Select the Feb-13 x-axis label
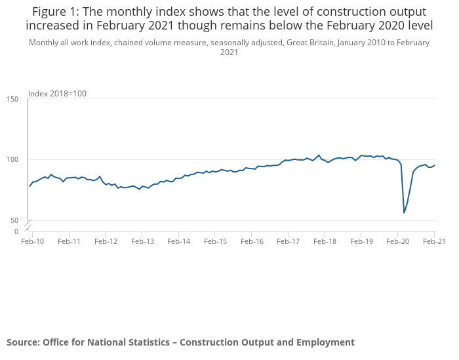[x=142, y=241]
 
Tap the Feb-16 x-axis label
[x=252, y=241]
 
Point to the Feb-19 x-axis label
[x=361, y=241]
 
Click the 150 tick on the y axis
[x=12, y=99]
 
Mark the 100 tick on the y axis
[x=12, y=160]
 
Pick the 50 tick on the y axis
[x=14, y=221]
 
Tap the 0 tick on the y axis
[x=16, y=231]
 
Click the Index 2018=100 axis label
[x=57, y=94]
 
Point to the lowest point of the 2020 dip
[x=404, y=212]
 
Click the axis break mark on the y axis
[x=28, y=226]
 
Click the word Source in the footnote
[x=22, y=342]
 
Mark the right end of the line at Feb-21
[x=435, y=165]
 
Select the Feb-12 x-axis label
[x=106, y=241]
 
